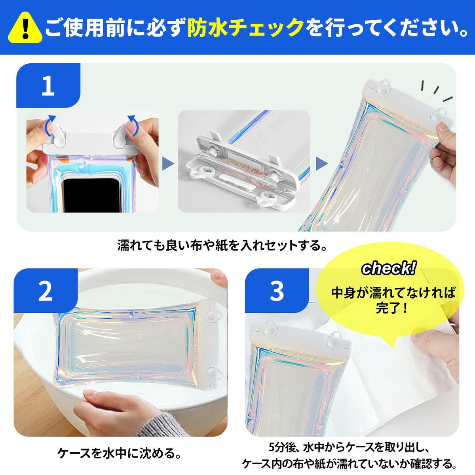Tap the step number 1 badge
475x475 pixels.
48,85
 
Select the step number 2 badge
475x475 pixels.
46,291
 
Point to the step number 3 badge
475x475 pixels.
277,291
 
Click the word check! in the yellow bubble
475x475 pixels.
389,268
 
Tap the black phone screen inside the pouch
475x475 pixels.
91,195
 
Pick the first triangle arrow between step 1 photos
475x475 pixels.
168,163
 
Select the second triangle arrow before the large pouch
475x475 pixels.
322,163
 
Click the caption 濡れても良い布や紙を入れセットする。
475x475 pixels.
222,245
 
